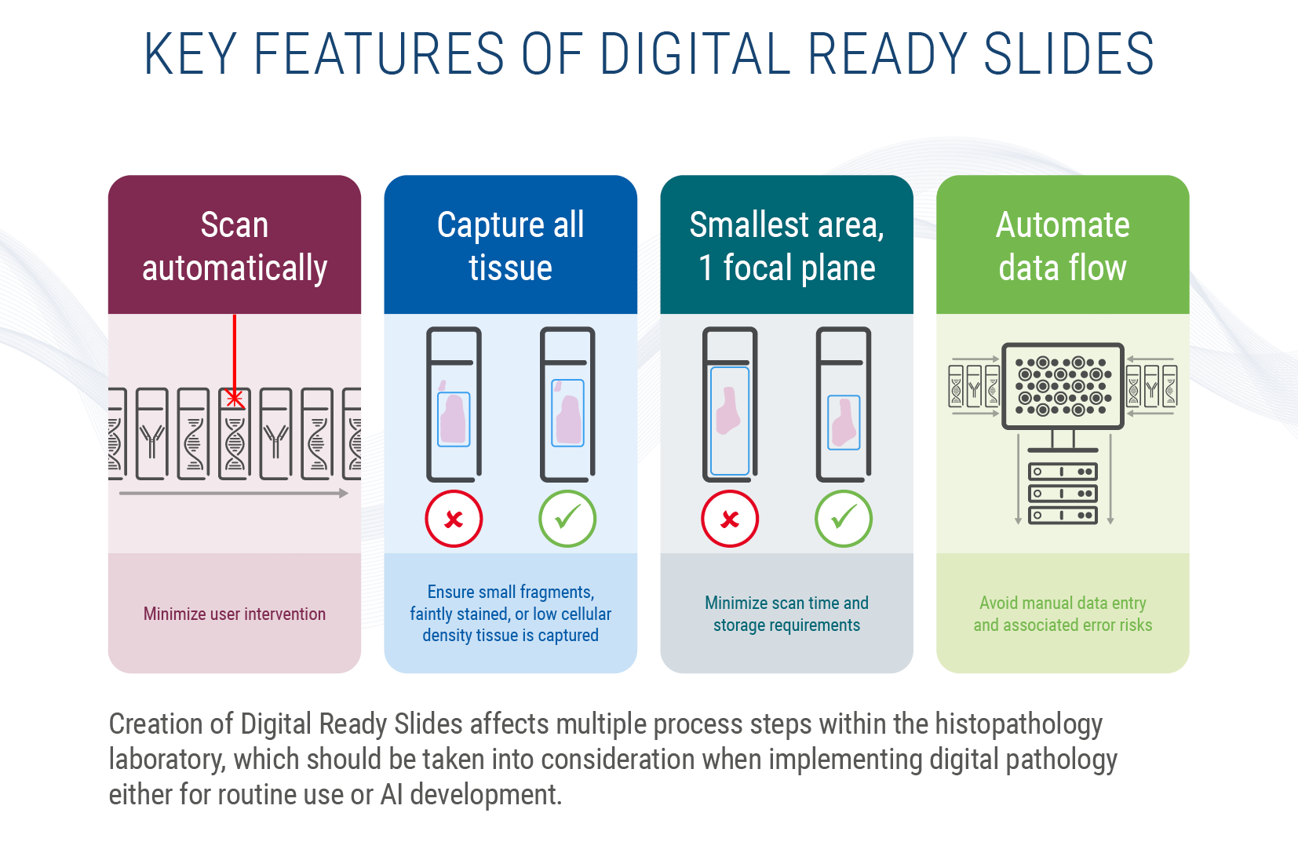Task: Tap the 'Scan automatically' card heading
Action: (x=235, y=246)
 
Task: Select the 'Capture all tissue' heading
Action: (x=510, y=246)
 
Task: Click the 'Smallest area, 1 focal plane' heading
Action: (x=786, y=246)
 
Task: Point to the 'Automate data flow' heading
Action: (x=1063, y=246)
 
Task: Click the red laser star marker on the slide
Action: (x=234, y=399)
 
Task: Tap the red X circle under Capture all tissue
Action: (x=454, y=519)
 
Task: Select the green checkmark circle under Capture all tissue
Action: (x=567, y=519)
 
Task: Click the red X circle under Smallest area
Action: (x=730, y=519)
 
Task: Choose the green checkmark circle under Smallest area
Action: (x=844, y=519)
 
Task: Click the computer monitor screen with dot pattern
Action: (x=1063, y=385)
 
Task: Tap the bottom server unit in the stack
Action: (x=1063, y=516)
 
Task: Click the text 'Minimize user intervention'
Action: (x=235, y=614)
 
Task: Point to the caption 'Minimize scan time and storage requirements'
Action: (x=786, y=614)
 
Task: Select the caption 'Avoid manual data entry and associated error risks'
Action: (x=1063, y=614)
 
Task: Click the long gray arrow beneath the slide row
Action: (x=233, y=494)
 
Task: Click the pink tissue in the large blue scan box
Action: (x=728, y=410)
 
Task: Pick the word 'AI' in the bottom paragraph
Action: (x=392, y=794)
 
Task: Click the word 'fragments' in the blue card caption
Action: (x=556, y=592)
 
